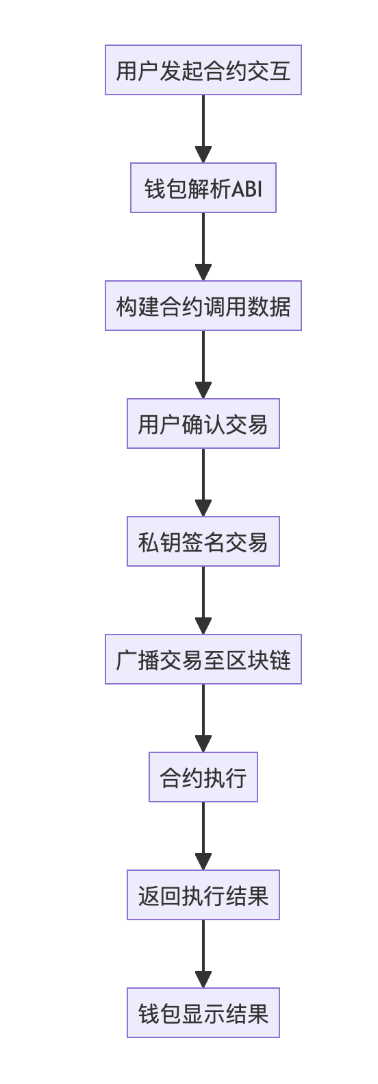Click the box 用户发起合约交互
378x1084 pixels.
tap(203, 70)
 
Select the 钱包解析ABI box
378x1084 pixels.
tap(203, 188)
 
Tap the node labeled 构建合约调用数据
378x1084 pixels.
tap(203, 306)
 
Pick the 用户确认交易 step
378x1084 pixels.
tap(203, 423)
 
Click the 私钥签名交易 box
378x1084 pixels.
tap(203, 541)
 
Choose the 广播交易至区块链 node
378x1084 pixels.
tap(203, 659)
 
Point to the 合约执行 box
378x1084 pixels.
tap(203, 777)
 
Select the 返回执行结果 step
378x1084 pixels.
tap(203, 895)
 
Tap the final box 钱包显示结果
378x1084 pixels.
tap(203, 1013)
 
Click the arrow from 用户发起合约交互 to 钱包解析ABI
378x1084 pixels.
tap(203, 129)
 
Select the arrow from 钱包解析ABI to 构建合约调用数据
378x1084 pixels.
tap(203, 247)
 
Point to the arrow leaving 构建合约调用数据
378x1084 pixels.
tap(203, 365)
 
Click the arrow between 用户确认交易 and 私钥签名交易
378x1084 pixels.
tap(203, 482)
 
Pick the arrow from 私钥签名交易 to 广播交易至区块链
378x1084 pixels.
tap(203, 600)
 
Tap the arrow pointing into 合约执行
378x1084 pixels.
tap(203, 718)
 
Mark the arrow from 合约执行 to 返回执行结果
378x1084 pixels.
tap(203, 836)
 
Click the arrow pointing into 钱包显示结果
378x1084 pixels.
tap(203, 954)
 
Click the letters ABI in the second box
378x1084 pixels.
tap(247, 188)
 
